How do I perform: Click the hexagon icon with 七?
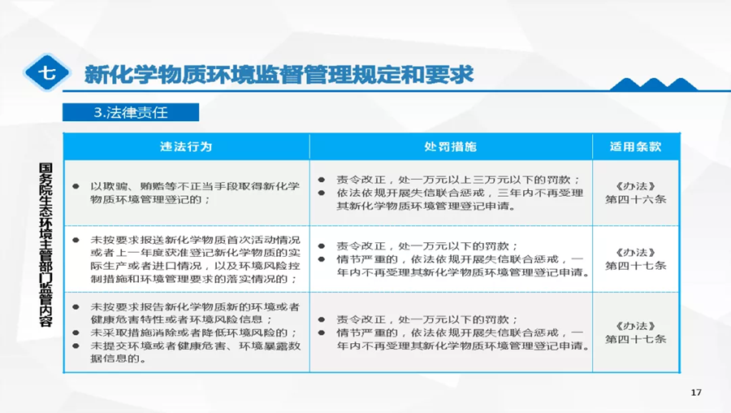pyautogui.click(x=46, y=72)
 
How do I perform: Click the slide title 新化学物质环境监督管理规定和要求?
pyautogui.click(x=279, y=74)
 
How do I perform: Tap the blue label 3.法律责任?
pyautogui.click(x=131, y=112)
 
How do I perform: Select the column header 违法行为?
pyautogui.click(x=186, y=146)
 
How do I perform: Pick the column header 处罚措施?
pyautogui.click(x=450, y=146)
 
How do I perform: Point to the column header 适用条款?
pyautogui.click(x=635, y=146)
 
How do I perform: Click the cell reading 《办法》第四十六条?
pyautogui.click(x=635, y=193)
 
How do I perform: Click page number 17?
pyautogui.click(x=696, y=393)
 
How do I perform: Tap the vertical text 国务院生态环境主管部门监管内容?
pyautogui.click(x=45, y=245)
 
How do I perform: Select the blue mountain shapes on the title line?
pyautogui.click(x=654, y=85)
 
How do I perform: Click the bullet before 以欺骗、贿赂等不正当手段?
pyautogui.click(x=76, y=187)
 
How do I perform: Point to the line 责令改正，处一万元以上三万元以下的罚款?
pyautogui.click(x=458, y=180)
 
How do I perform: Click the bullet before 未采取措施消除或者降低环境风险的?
pyautogui.click(x=76, y=333)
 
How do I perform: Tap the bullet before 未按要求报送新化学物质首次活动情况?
pyautogui.click(x=76, y=241)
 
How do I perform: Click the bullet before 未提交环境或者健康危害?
pyautogui.click(x=76, y=346)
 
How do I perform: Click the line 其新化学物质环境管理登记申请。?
pyautogui.click(x=426, y=206)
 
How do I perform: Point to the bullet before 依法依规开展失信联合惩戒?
pyautogui.click(x=322, y=193)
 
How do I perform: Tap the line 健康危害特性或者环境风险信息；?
pyautogui.click(x=182, y=320)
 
